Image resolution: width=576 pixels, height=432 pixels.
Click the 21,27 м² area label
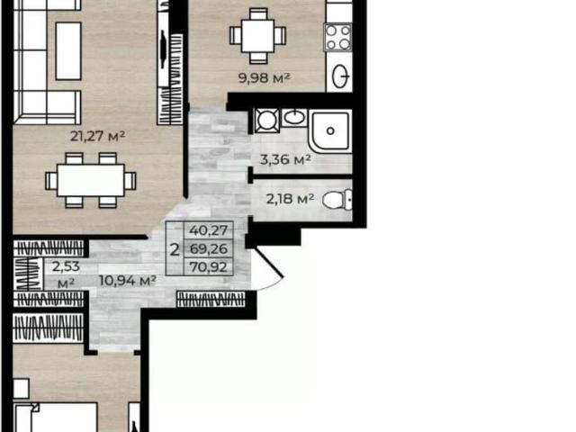pos(98,136)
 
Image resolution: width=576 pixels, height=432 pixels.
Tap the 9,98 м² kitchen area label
pos(265,78)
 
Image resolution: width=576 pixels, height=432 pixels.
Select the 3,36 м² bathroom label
pos(285,159)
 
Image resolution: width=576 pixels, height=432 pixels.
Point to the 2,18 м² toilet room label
pos(290,199)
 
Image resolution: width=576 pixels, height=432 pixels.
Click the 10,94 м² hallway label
pos(128,281)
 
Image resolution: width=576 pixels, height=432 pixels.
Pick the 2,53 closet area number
pos(66,266)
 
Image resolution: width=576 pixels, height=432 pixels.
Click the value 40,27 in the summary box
pos(208,230)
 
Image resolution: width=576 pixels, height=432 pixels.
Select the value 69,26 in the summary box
pos(208,248)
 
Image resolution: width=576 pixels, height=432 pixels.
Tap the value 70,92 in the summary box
pos(208,267)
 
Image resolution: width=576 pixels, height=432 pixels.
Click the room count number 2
pos(175,250)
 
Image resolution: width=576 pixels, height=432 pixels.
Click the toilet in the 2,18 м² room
pos(337,200)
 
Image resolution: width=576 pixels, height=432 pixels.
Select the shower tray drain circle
pos(330,130)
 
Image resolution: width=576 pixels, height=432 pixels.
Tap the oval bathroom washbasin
pos(294,118)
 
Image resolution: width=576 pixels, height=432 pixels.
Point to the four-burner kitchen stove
pos(337,37)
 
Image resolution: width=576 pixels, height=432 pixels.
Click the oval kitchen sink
pos(340,76)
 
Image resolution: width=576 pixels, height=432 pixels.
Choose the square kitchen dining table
pos(258,36)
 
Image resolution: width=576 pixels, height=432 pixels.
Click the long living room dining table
pos(91,180)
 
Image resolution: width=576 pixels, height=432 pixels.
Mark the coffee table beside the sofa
pos(68,50)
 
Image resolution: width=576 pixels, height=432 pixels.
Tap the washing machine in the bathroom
pos(267,121)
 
